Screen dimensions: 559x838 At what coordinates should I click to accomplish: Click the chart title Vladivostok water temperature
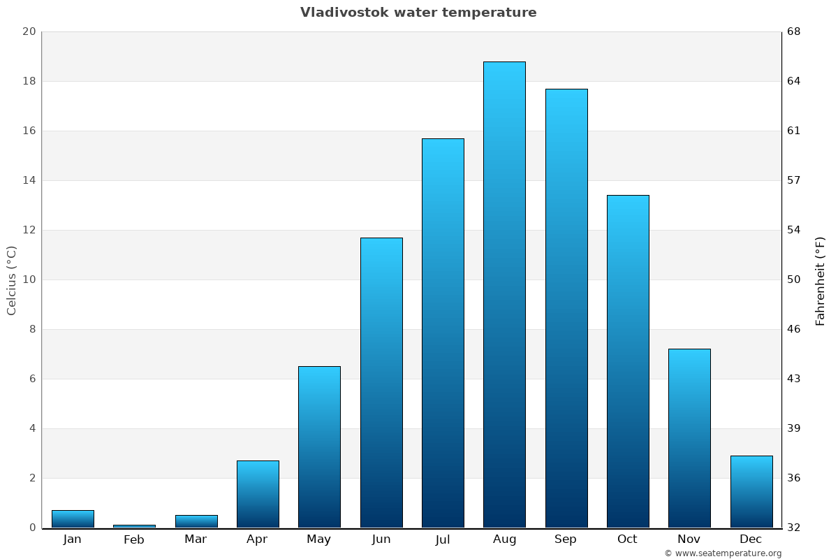tap(418, 13)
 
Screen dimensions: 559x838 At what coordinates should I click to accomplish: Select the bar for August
tap(504, 293)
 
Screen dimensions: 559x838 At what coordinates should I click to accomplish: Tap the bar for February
tap(134, 525)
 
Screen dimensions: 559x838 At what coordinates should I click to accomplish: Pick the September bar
tap(566, 307)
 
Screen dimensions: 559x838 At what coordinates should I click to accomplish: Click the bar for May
tap(319, 447)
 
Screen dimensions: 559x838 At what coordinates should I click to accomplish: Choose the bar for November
tap(689, 438)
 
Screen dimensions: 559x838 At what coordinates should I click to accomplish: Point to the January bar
tap(73, 519)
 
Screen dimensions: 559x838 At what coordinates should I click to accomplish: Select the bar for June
tap(381, 382)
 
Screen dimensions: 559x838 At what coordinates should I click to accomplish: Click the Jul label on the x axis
tap(442, 539)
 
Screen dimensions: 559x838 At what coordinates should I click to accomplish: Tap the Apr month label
tap(257, 539)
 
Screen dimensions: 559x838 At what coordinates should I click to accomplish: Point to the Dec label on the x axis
tap(751, 539)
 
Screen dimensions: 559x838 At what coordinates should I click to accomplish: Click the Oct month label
tap(627, 539)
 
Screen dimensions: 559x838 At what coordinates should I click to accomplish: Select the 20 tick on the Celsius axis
tap(29, 31)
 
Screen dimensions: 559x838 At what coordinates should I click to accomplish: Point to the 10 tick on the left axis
tap(29, 279)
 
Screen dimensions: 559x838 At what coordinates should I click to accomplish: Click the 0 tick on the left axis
tap(32, 528)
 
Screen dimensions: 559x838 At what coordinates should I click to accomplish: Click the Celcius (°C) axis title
tap(12, 279)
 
